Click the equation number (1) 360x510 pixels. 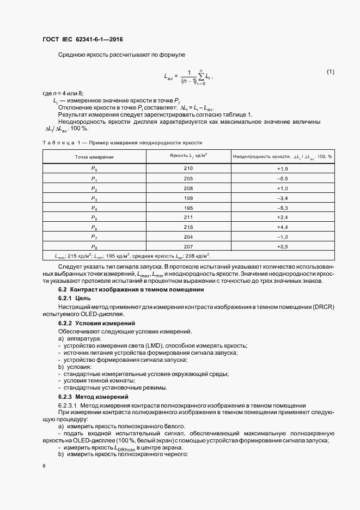coord(330,72)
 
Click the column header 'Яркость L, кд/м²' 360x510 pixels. coord(188,156)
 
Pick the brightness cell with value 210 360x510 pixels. coord(188,168)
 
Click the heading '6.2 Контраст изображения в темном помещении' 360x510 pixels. coord(127,290)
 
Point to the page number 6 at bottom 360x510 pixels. coord(44,467)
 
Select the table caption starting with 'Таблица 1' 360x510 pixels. coord(122,142)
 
